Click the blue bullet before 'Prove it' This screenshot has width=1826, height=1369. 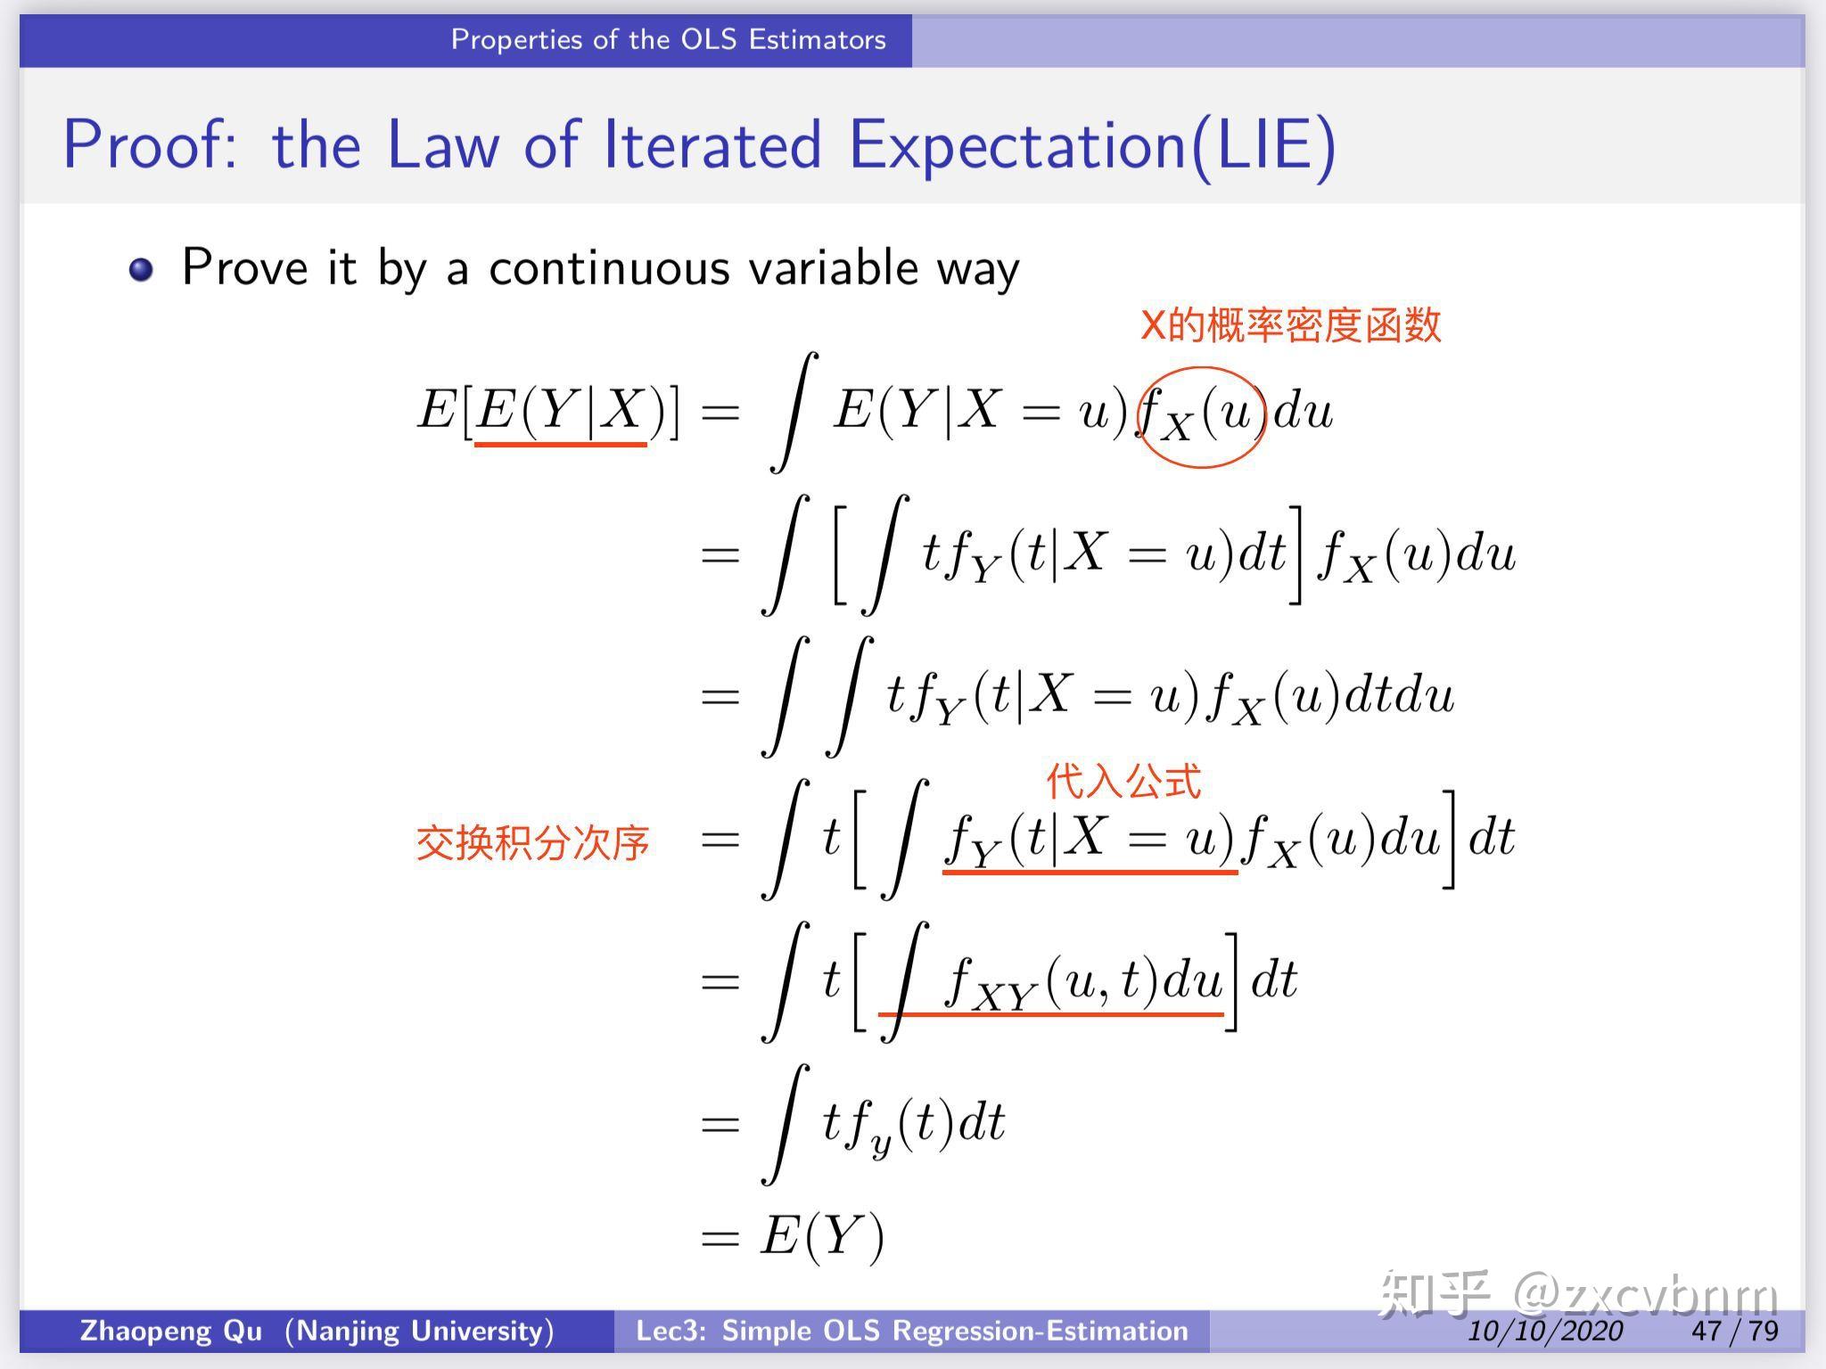pos(142,269)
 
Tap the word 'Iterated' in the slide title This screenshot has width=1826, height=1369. pos(711,144)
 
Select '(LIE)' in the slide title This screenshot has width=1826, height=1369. pos(1263,146)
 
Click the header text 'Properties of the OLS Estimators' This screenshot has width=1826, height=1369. pos(668,40)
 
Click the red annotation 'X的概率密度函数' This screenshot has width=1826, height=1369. pos(1290,324)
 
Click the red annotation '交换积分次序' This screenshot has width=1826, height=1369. pos(532,843)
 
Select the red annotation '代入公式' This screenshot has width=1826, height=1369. pos(1123,781)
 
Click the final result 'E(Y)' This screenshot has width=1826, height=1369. pos(821,1237)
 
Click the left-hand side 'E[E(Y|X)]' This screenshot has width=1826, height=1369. pos(548,412)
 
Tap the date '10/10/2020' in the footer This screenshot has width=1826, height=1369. pos(1545,1331)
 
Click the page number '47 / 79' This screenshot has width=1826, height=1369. pos(1734,1331)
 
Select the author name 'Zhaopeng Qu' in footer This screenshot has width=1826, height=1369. pos(171,1331)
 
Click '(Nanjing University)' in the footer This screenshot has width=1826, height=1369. pos(419,1331)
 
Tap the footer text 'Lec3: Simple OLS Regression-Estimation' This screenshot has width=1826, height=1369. pos(911,1331)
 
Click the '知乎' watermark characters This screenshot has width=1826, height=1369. pos(1434,1292)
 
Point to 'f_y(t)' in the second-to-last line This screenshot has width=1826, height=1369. pos(898,1125)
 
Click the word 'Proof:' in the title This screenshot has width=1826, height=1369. pos(150,144)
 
